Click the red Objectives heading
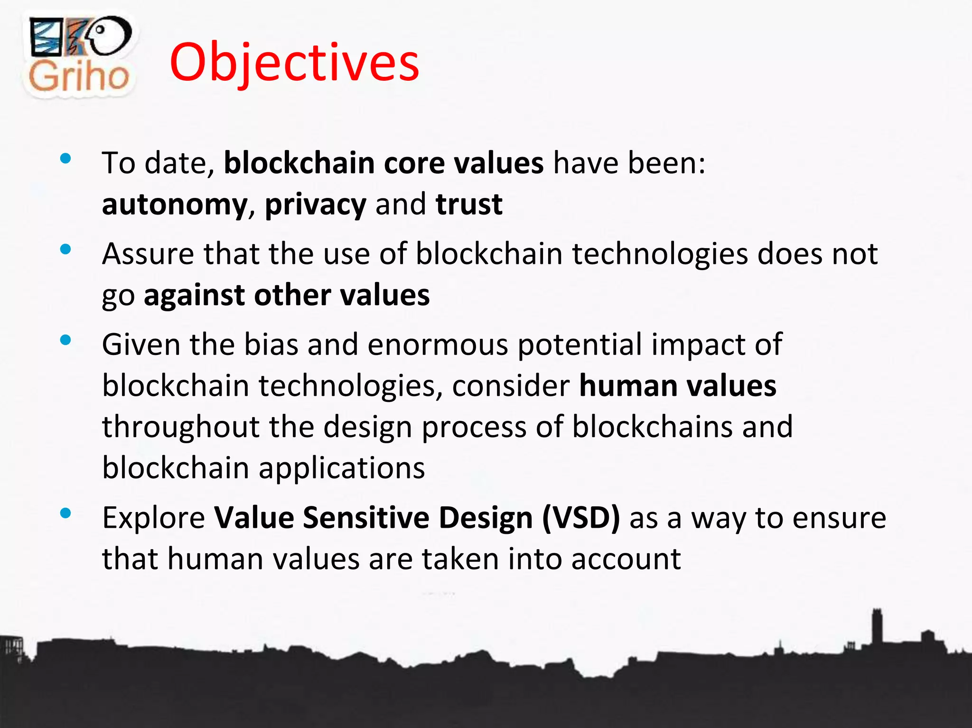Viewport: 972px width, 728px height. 294,63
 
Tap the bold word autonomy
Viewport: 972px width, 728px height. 174,205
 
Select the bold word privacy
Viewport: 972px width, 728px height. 315,205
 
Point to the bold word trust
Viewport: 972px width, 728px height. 469,204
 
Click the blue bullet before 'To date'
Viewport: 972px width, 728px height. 66,159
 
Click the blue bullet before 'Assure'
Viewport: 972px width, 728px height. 66,249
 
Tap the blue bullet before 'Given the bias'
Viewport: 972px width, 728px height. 66,340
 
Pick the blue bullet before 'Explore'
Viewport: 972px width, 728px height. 66,513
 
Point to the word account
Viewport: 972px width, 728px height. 626,559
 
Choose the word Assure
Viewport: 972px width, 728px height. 148,253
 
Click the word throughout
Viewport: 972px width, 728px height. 180,426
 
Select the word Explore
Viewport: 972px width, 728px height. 153,517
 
